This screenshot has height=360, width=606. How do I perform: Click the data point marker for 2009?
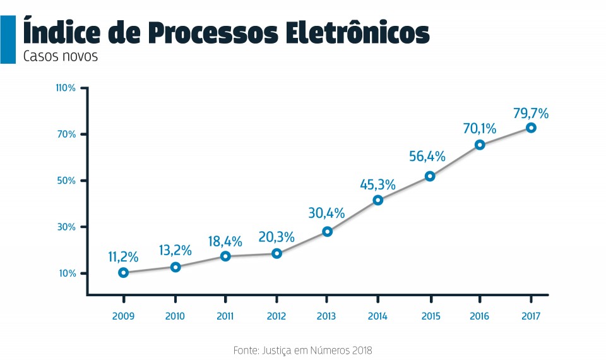(124, 273)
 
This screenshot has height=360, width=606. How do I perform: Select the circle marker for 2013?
(327, 232)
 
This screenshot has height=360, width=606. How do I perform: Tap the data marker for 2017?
(532, 128)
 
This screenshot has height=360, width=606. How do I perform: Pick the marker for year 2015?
(430, 176)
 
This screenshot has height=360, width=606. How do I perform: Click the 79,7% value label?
(531, 114)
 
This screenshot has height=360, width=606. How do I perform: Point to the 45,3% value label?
(377, 185)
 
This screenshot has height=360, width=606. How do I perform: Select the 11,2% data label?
(123, 257)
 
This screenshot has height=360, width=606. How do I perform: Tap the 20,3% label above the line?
(276, 237)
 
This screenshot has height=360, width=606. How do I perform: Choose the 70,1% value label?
(480, 129)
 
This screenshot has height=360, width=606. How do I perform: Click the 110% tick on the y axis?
(65, 88)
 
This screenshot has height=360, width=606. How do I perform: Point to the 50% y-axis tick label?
(67, 181)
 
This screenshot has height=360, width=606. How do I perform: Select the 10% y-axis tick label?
(67, 273)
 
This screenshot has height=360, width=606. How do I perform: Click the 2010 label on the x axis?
(175, 316)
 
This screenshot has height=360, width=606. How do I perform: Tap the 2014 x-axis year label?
(377, 316)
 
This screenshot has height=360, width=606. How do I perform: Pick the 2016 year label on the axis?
(480, 316)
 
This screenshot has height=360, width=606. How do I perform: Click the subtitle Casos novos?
(61, 56)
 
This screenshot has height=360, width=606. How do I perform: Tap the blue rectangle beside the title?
(8, 39)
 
